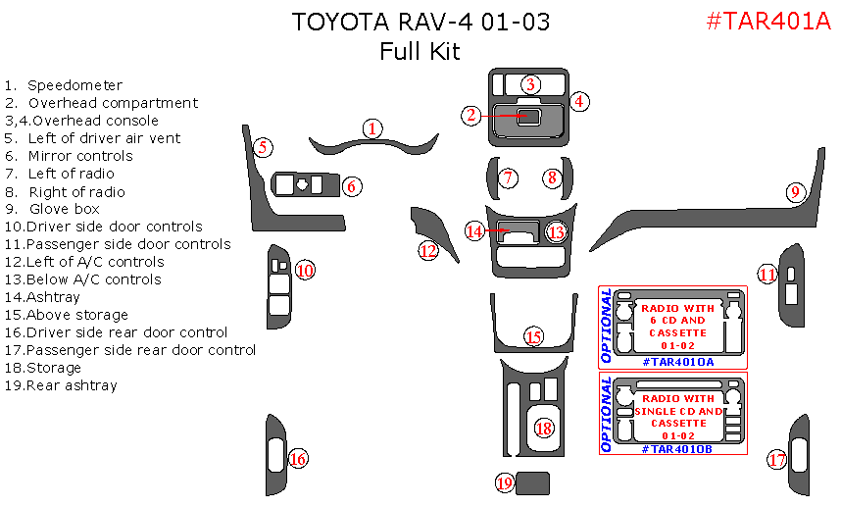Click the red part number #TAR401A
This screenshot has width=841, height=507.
pos(767,22)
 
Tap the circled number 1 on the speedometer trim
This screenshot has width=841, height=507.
pos(371,127)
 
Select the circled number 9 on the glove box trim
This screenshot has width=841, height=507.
pos(795,192)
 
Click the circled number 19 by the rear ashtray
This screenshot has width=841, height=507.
pos(505,482)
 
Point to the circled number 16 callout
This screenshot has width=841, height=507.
pos(298,458)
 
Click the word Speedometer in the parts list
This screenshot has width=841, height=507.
pos(74,85)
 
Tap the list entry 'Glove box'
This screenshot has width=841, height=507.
pos(65,209)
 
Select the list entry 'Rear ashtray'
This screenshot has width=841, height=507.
pos(72,385)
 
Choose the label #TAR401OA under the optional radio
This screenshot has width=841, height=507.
pos(677,362)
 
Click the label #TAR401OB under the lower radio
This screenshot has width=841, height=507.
pos(677,448)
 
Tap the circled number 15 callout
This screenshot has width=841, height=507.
pos(532,336)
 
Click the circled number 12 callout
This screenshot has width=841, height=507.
pos(427,250)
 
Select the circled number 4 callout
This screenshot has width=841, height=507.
pos(578,100)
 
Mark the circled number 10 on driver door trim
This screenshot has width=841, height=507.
pos(305,270)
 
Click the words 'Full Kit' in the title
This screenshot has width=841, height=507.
pos(420,51)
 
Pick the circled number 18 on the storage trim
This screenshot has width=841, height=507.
pos(543,428)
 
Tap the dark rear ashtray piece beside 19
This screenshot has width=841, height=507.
pos(533,482)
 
